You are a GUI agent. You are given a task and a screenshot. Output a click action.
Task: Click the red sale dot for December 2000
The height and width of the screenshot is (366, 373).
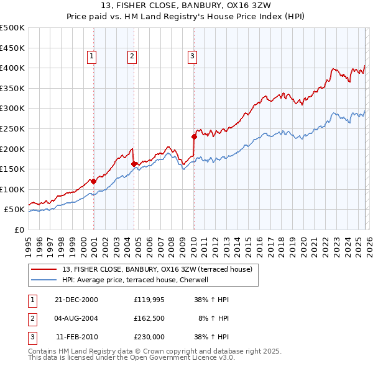point(94,181)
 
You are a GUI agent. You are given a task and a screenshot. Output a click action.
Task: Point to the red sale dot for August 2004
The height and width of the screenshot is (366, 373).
point(134,164)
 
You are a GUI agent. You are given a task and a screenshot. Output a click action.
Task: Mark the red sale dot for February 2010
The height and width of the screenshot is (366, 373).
point(194,136)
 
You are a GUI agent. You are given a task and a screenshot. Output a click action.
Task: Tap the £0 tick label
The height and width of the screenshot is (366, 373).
point(19,230)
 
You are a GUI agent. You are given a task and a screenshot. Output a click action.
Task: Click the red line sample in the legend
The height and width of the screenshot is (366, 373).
point(45,270)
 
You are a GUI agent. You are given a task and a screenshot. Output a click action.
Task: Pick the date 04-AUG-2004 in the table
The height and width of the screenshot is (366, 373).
point(76,318)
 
